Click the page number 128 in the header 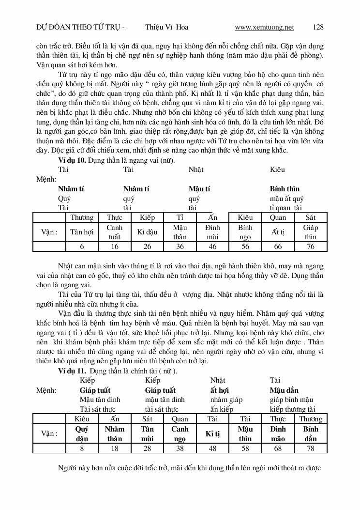tap(318, 27)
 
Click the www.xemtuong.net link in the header tap(264, 27)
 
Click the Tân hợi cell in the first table tap(82, 232)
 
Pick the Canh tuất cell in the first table tap(114, 232)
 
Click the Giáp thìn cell tap(310, 232)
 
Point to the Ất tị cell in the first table tap(278, 232)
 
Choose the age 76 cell tap(310, 247)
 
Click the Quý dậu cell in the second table tap(82, 433)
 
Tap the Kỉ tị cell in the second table tap(212, 433)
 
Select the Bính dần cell tap(310, 433)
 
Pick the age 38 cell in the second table tap(180, 448)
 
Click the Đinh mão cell tap(278, 433)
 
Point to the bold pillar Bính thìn tap(285, 189)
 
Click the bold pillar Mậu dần tap(284, 390)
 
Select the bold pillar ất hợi tap(222, 390)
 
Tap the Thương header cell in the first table tap(82, 217)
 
